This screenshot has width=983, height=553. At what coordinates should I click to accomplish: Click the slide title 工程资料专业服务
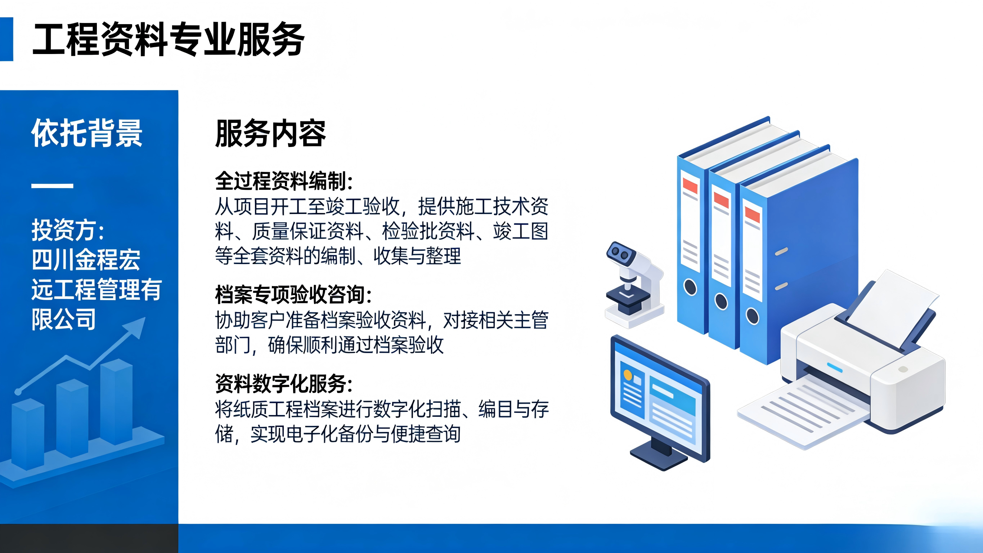[x=168, y=39]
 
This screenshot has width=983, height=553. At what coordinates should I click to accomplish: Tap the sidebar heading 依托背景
[x=87, y=133]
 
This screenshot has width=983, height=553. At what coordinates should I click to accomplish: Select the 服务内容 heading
[x=270, y=133]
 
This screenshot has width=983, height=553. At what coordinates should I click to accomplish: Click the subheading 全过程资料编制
[x=283, y=181]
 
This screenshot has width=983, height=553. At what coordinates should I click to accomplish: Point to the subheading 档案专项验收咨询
[x=293, y=294]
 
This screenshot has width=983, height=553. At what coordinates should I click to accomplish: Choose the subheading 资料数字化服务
[x=283, y=383]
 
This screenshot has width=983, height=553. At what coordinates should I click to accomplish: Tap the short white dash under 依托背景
[x=52, y=186]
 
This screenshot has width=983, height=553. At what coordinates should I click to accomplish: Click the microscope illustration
[x=633, y=285]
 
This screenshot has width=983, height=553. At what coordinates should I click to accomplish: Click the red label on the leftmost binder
[x=690, y=186]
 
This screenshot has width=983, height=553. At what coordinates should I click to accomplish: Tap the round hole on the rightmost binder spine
[x=753, y=316]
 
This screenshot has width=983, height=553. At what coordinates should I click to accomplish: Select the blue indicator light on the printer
[x=835, y=367]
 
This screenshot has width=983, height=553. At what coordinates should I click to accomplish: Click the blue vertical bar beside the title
[x=6, y=39]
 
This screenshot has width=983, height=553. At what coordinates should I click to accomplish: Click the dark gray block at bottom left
[x=89, y=538]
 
